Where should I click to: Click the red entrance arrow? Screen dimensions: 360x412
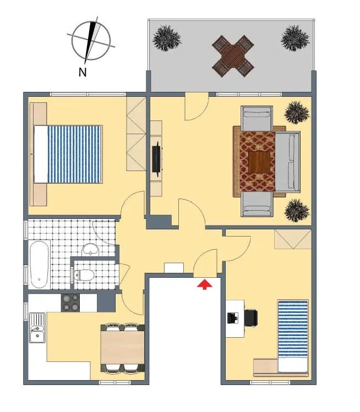(x=205, y=284)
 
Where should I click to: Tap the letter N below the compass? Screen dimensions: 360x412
(x=83, y=72)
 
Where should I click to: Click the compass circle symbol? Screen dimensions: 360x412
(x=91, y=41)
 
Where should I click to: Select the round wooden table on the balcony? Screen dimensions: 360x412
(x=233, y=56)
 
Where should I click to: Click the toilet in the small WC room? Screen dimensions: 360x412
(x=84, y=275)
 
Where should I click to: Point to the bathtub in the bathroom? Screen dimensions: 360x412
(x=39, y=265)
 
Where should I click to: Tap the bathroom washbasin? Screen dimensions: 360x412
(x=90, y=250)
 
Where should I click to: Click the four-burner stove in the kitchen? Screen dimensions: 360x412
(x=70, y=303)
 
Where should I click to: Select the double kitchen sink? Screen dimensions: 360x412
(x=37, y=328)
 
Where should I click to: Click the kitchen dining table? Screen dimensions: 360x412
(x=123, y=347)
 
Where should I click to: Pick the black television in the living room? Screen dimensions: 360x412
(x=156, y=159)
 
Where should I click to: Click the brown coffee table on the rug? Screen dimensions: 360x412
(x=259, y=162)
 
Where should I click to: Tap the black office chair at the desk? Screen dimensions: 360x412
(x=250, y=318)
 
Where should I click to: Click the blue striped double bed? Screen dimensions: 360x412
(x=68, y=154)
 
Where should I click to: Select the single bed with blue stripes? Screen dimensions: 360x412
(x=293, y=336)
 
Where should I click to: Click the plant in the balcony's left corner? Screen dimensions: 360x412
(x=167, y=38)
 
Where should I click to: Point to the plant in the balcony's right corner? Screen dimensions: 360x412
(x=295, y=38)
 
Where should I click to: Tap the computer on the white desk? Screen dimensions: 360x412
(x=233, y=318)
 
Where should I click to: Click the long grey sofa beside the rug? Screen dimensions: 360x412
(x=288, y=162)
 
